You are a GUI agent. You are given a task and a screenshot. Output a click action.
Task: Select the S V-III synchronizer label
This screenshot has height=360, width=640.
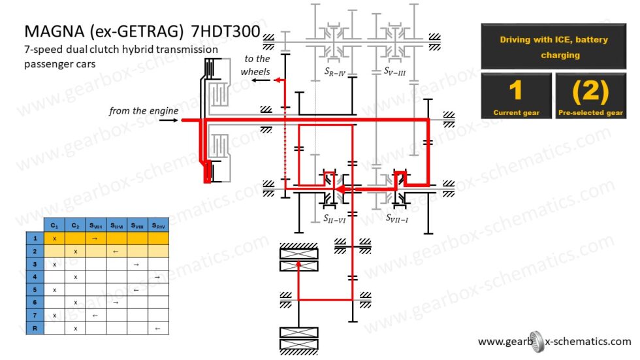point(394,71)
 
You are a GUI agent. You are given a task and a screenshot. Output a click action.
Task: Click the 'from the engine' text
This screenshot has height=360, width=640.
point(143,110)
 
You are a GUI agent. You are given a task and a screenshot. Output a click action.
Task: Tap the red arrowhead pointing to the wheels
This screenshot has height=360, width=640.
point(277,80)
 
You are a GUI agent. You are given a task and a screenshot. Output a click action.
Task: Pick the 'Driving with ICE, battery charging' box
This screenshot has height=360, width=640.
point(553,47)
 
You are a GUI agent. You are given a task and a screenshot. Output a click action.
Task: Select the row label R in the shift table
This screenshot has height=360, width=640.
point(34,328)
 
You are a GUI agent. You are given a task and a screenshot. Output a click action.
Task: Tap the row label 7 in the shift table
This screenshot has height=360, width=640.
point(34,315)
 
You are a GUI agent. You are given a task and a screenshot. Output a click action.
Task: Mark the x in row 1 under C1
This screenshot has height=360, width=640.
point(54,238)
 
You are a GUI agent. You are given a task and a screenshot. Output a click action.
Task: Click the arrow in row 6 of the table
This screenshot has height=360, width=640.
point(116,303)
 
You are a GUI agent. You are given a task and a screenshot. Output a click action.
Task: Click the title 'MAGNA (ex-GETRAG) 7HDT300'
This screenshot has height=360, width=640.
point(142,31)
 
